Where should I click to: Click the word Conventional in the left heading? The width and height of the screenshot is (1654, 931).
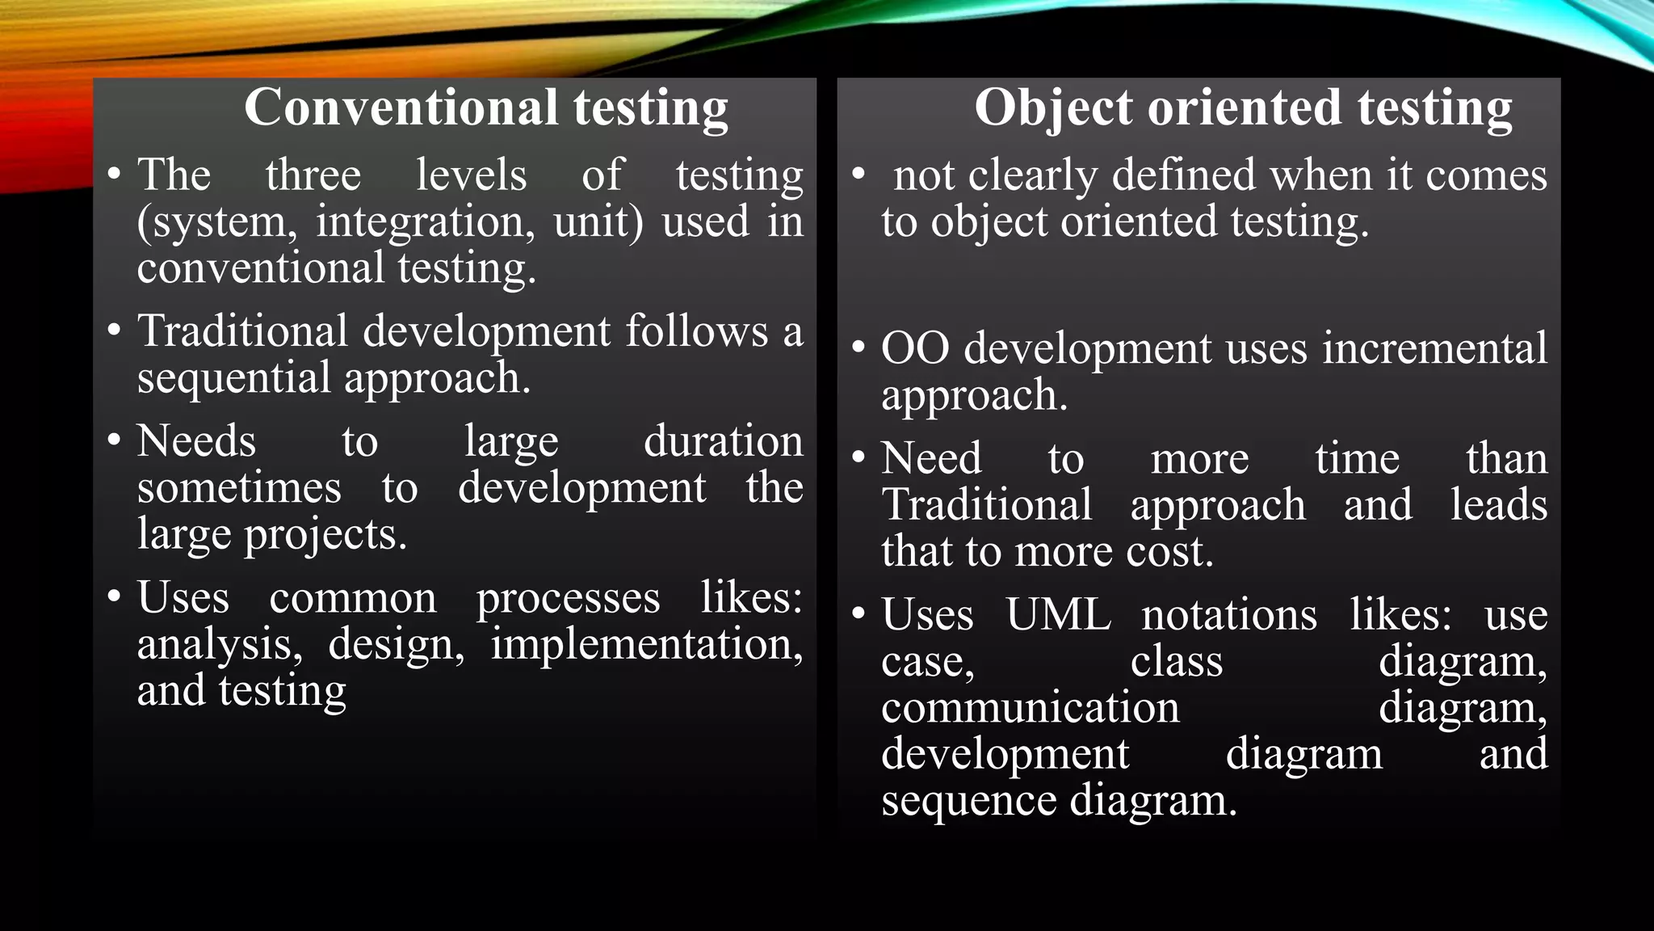coord(401,107)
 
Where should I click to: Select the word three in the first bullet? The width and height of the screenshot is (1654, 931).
coord(313,175)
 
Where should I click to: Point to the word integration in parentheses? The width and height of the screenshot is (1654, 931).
coord(425,221)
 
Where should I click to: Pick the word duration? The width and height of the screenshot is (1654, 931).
coord(723,441)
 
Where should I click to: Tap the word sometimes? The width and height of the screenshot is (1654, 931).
coord(239,488)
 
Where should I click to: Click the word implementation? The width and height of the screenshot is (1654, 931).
coord(647,645)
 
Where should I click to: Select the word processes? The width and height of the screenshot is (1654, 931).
coord(568,598)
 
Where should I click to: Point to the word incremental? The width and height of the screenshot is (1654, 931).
coord(1435,348)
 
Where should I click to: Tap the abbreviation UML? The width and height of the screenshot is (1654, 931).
coord(1058,615)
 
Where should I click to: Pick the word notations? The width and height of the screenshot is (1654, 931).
coord(1229,615)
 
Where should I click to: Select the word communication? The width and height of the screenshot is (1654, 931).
coord(1030,708)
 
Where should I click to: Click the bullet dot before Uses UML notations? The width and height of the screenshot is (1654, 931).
coord(858,613)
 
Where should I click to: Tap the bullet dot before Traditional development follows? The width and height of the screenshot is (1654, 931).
coord(115,330)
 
